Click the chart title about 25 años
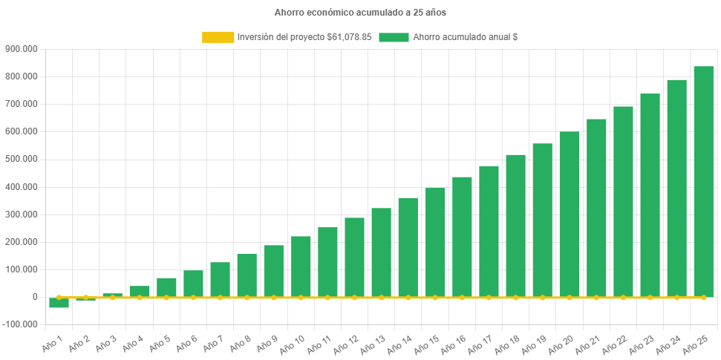point(360,13)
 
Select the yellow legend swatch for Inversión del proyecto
point(218,37)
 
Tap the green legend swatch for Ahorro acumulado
point(394,37)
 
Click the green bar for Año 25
point(703,182)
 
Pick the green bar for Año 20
point(569,215)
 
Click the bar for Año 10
point(301,266)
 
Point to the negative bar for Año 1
point(59,303)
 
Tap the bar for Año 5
point(166,287)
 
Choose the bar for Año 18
point(515,226)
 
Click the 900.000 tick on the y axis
point(22,49)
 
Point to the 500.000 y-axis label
point(22,159)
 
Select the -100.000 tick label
point(20,324)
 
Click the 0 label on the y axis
point(35,297)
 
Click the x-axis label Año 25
point(696,344)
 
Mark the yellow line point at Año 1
point(59,297)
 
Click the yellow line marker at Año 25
point(703,297)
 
